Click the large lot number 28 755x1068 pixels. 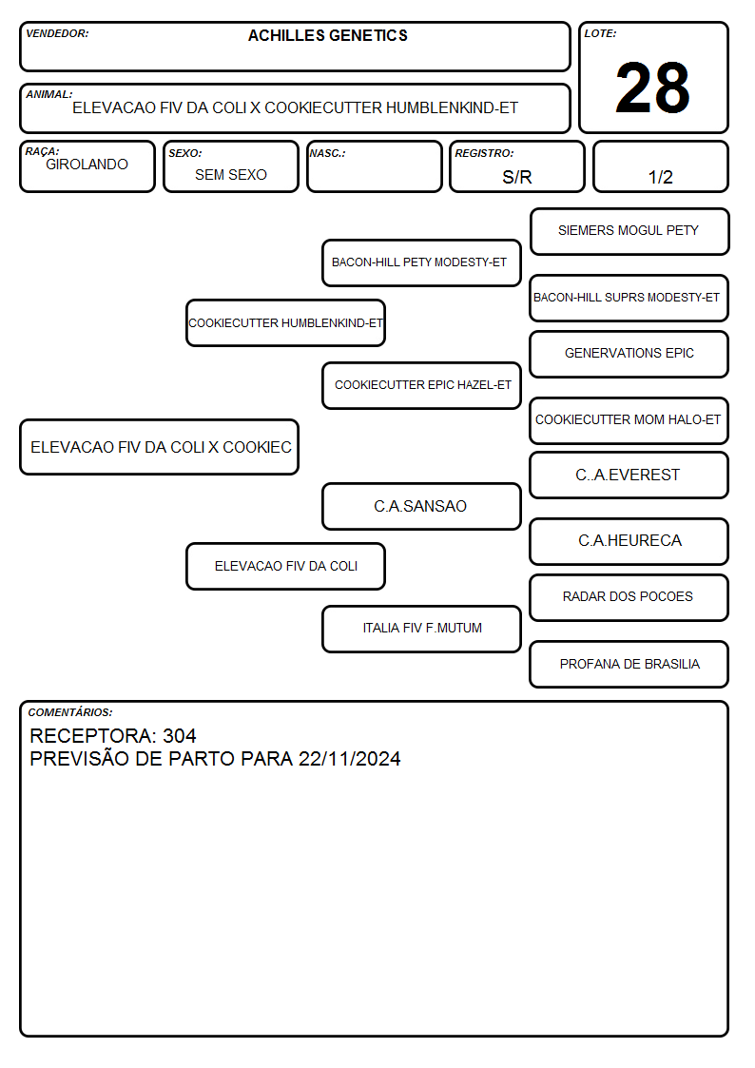pos(652,87)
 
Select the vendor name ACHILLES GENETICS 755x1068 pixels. pos(327,35)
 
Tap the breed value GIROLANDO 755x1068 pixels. pos(87,165)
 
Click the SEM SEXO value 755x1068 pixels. pos(231,175)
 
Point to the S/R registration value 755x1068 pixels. pos(516,177)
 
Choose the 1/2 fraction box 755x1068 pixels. pos(660,166)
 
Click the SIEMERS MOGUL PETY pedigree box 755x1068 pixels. pos(629,232)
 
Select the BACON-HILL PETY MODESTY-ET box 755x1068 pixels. pos(421,262)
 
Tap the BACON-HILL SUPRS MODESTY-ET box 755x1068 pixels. pos(629,299)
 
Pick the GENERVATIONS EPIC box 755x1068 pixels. pos(629,354)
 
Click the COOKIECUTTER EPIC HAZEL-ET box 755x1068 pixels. pos(421,385)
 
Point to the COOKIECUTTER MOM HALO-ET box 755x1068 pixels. pos(629,420)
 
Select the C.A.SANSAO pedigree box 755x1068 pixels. pos(421,506)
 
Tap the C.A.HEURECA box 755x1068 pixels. pos(629,541)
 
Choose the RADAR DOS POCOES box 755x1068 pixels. pos(629,597)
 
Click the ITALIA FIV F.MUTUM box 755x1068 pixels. pos(421,629)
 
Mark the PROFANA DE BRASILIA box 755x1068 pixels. pos(629,664)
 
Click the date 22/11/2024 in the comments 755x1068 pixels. pos(349,759)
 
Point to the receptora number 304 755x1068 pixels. pos(180,735)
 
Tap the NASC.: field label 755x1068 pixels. pos(327,153)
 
